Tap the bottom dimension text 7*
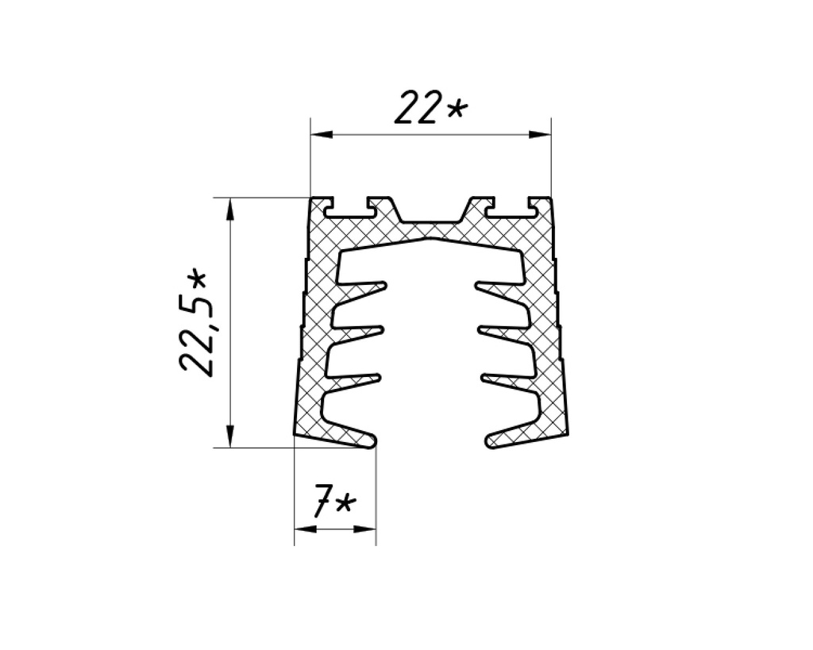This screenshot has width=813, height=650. (333, 504)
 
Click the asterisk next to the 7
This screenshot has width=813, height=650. (345, 505)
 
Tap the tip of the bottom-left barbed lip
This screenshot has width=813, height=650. (372, 438)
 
